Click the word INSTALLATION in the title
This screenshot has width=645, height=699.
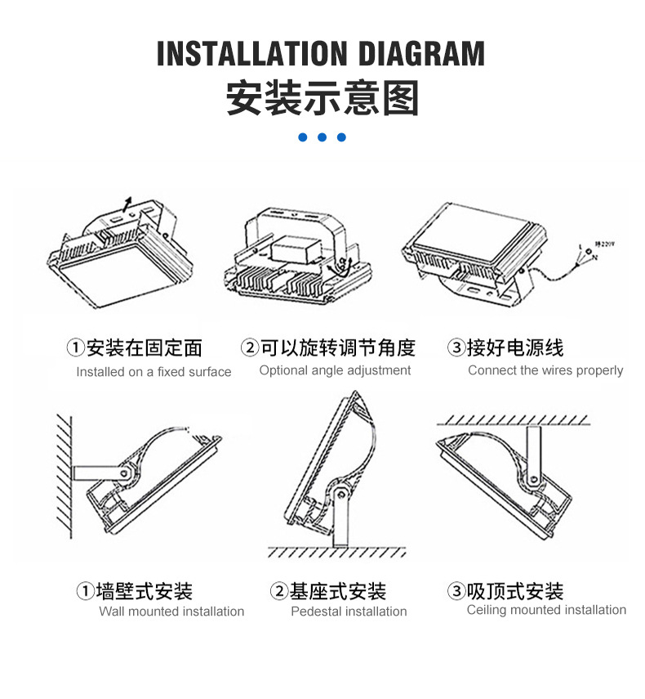tap(252, 53)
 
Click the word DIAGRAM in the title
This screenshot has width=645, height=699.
tap(421, 53)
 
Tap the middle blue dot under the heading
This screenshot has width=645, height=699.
tap(322, 137)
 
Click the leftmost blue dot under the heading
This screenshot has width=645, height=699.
tap(303, 137)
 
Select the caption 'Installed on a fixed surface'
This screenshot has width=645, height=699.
tap(153, 372)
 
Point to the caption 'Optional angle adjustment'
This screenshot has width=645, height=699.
tap(335, 370)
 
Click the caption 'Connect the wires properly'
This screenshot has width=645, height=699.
tap(545, 370)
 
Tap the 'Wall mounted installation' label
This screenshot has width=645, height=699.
tap(171, 612)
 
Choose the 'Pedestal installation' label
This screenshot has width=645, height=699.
tap(349, 612)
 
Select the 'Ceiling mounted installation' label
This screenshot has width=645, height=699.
tap(546, 610)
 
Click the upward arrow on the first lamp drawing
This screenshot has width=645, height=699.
tap(127, 204)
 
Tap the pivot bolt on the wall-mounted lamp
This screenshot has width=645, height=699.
tap(125, 473)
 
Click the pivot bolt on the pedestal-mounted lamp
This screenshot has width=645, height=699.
tap(340, 494)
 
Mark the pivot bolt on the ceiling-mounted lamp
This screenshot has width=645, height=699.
tap(532, 480)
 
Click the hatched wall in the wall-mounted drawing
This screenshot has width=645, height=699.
tap(64, 476)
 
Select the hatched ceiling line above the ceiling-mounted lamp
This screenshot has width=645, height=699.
tap(514, 420)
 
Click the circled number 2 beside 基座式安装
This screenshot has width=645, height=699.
tap(279, 591)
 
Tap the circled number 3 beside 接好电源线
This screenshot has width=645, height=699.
tap(456, 347)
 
